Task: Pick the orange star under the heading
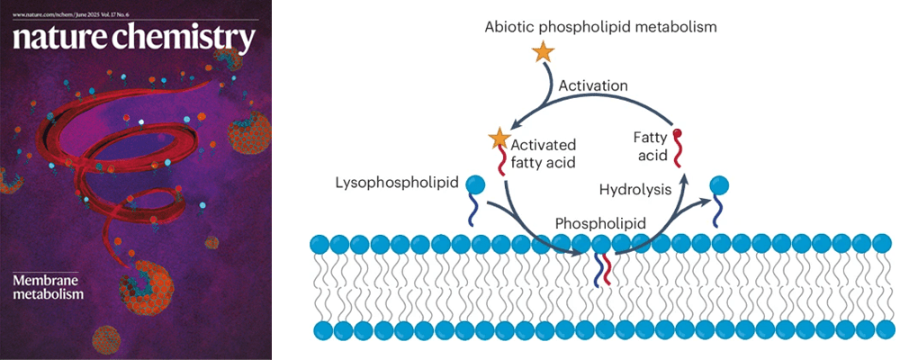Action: [x=543, y=52]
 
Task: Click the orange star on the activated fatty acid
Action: [x=498, y=139]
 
